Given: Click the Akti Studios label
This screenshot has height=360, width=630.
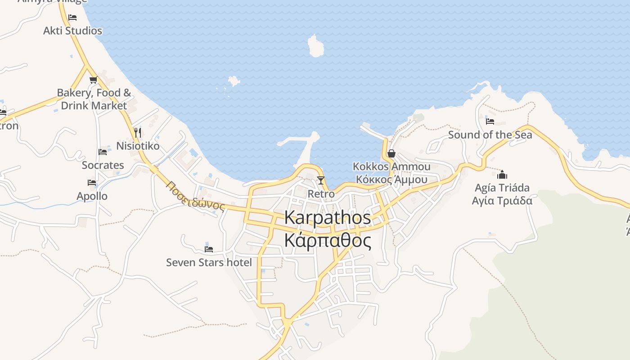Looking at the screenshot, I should tap(72, 31).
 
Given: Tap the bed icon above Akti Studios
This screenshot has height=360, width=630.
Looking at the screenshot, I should tap(72, 18).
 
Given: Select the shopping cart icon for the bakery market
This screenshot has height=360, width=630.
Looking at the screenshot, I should tap(93, 80).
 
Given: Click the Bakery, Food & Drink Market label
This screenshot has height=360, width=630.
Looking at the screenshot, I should tap(94, 99).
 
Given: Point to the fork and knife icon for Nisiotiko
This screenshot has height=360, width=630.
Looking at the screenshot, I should tap(138, 132).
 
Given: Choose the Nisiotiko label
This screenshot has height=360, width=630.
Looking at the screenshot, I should tap(138, 146).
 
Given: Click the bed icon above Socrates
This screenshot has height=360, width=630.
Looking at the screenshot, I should tap(103, 152).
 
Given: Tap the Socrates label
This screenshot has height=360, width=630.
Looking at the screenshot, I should tap(103, 165).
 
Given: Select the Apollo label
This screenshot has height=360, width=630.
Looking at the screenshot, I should tap(92, 196).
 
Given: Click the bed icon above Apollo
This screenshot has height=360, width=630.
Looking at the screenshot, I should tap(92, 183).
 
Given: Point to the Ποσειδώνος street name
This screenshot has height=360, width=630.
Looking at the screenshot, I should tap(195, 196).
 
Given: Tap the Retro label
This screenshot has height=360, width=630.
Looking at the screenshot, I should tap(321, 194).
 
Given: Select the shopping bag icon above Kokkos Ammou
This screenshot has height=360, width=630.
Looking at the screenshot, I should tap(391, 153).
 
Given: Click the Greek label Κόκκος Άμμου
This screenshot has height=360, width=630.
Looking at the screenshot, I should tap(391, 180).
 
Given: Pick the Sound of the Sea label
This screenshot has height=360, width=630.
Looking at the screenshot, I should tap(490, 135).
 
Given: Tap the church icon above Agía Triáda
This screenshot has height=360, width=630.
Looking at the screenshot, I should tap(502, 175).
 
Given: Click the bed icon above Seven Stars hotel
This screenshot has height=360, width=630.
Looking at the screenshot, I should tap(209, 249).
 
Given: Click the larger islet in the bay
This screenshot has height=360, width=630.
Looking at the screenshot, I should tap(315, 46).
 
